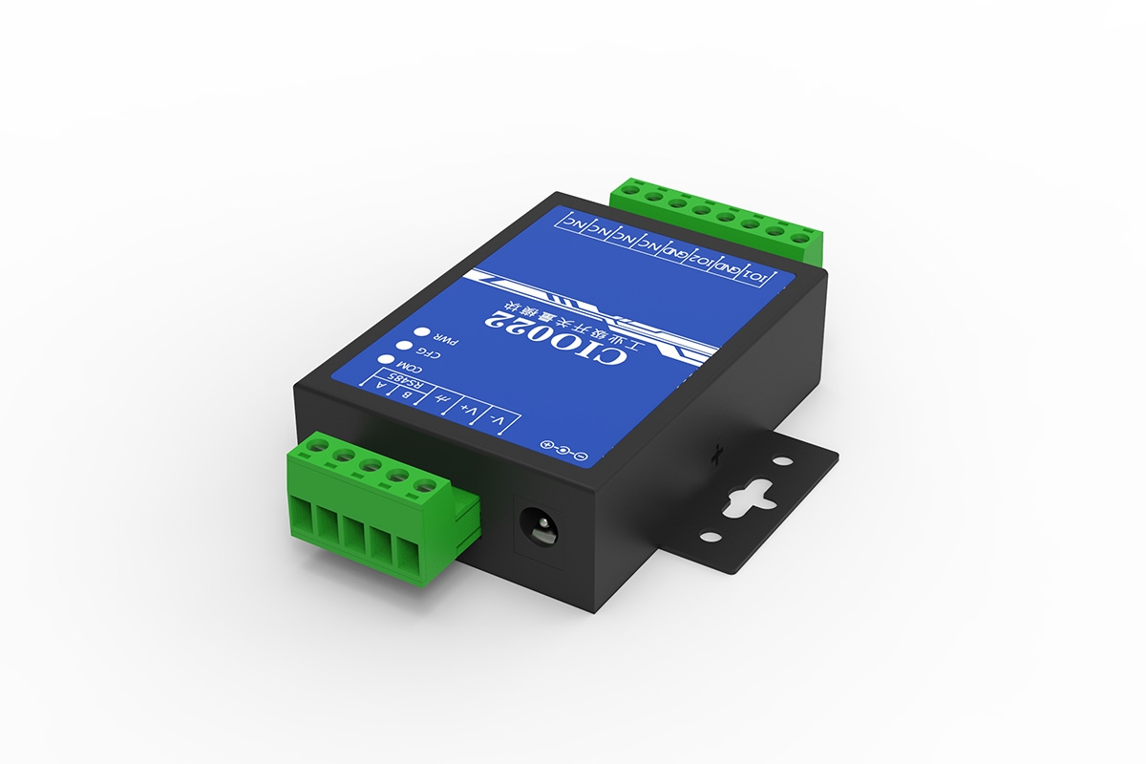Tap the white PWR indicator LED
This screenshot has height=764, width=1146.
[x=420, y=334]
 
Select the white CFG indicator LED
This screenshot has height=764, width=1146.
[x=404, y=347]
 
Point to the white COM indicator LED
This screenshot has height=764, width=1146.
[x=388, y=360]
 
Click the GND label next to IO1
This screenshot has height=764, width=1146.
[x=729, y=269]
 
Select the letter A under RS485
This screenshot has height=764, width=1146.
[x=382, y=386]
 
